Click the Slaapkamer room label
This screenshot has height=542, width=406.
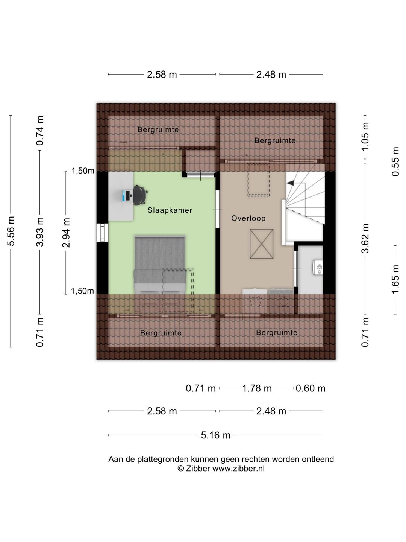point(170,210)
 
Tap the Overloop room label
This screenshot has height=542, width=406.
point(248,218)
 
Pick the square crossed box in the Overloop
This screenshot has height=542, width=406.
point(262,244)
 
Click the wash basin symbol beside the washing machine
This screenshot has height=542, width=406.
point(255,301)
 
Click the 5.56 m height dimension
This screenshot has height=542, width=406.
point(11,231)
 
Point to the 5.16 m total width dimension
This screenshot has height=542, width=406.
point(215,435)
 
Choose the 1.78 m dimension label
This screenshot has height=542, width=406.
point(257,388)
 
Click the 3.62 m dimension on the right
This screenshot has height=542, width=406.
point(365,238)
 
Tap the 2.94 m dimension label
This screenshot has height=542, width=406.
point(66,233)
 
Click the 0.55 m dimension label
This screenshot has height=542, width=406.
point(395,161)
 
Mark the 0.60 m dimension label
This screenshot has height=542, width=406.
point(311,388)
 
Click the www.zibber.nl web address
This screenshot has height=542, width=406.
point(238,469)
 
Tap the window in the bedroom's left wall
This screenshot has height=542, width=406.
point(102,232)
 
